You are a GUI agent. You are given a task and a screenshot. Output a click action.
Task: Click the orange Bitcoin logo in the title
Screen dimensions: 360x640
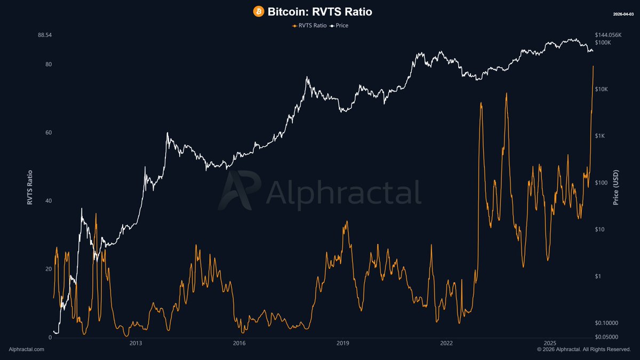tap(259, 11)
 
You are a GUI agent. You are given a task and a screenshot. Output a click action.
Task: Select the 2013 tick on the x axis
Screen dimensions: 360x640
tap(135, 343)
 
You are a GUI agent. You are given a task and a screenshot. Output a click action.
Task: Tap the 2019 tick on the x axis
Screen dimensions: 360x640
tap(343, 343)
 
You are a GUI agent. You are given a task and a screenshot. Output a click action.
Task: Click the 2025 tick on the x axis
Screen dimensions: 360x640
tap(550, 343)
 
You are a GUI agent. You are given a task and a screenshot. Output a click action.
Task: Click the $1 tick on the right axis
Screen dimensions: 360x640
tap(599, 276)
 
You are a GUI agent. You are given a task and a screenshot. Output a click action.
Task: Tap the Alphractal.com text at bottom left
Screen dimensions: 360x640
tap(27, 349)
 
